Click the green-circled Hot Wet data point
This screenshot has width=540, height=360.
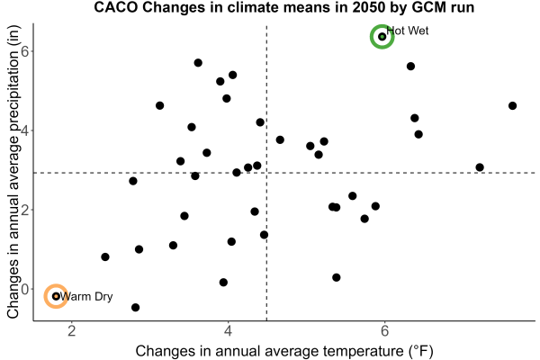[382, 37]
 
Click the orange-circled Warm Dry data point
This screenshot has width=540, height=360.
[56, 296]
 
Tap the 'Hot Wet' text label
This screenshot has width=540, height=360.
[408, 31]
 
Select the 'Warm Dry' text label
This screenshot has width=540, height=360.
[86, 297]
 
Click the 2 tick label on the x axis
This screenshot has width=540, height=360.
[72, 331]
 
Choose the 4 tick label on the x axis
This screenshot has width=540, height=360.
[228, 331]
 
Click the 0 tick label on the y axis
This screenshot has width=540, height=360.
[25, 289]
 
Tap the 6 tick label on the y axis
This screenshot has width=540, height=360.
[25, 51]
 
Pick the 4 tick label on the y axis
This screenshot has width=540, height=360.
[25, 130]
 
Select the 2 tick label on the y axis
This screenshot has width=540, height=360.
[25, 210]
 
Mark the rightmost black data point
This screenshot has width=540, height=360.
[512, 106]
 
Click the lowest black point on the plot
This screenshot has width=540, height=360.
[135, 307]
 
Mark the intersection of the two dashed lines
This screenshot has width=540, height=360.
[266, 173]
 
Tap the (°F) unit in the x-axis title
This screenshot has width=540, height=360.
[420, 351]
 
